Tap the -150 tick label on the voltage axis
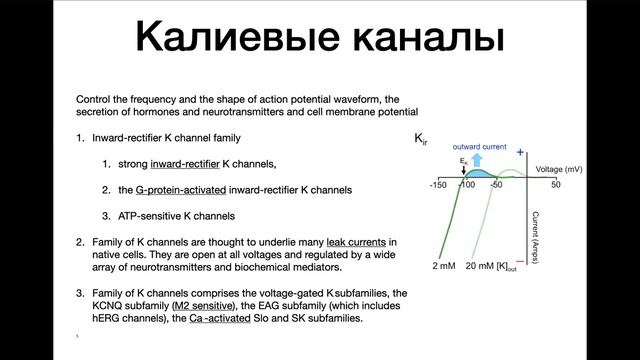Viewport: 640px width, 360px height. pos(438,186)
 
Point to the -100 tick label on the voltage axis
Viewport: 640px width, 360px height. pos(466,186)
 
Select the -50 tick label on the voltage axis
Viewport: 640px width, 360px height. pos(496,186)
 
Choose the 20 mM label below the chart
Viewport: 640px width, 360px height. pos(476,268)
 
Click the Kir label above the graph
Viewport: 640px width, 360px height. pos(421,140)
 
